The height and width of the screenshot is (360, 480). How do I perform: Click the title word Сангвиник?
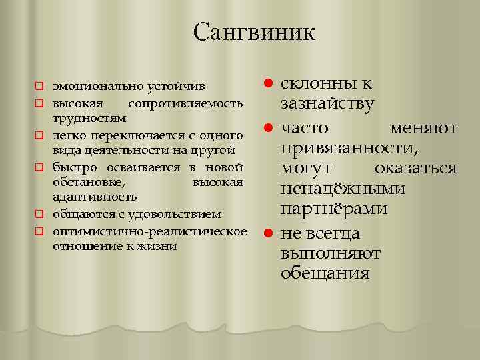[254, 31]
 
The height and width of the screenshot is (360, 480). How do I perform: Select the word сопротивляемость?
[193, 104]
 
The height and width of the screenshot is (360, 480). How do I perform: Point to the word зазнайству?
[327, 104]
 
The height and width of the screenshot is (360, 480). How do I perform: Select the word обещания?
[325, 273]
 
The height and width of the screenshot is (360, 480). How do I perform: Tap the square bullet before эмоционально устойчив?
[39, 87]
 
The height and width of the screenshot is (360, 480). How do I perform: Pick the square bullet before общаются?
[39, 215]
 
